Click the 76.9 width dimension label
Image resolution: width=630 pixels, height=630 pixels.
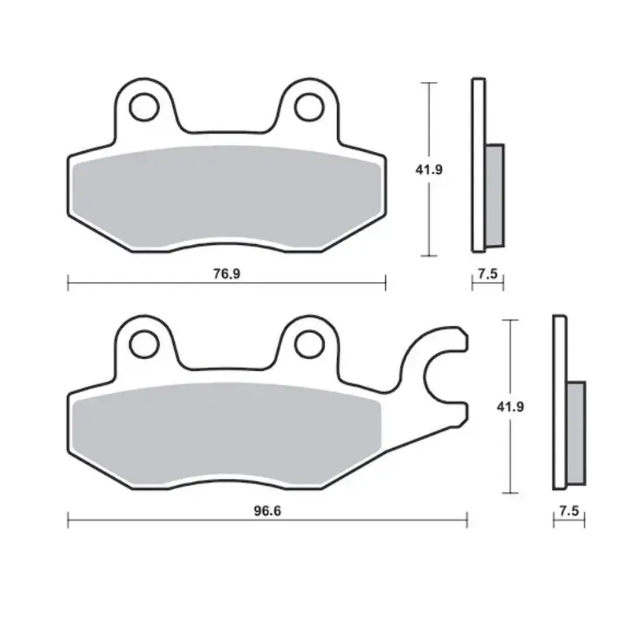(225, 273)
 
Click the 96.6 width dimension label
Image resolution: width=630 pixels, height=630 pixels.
(268, 510)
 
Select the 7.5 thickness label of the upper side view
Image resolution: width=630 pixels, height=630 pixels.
(487, 273)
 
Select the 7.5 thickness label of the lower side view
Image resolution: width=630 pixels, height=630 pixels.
(569, 510)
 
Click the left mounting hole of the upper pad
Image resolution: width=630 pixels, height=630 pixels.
(143, 107)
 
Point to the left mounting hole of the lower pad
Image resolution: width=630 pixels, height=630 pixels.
(143, 343)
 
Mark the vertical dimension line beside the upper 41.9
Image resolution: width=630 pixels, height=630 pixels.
(428, 213)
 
